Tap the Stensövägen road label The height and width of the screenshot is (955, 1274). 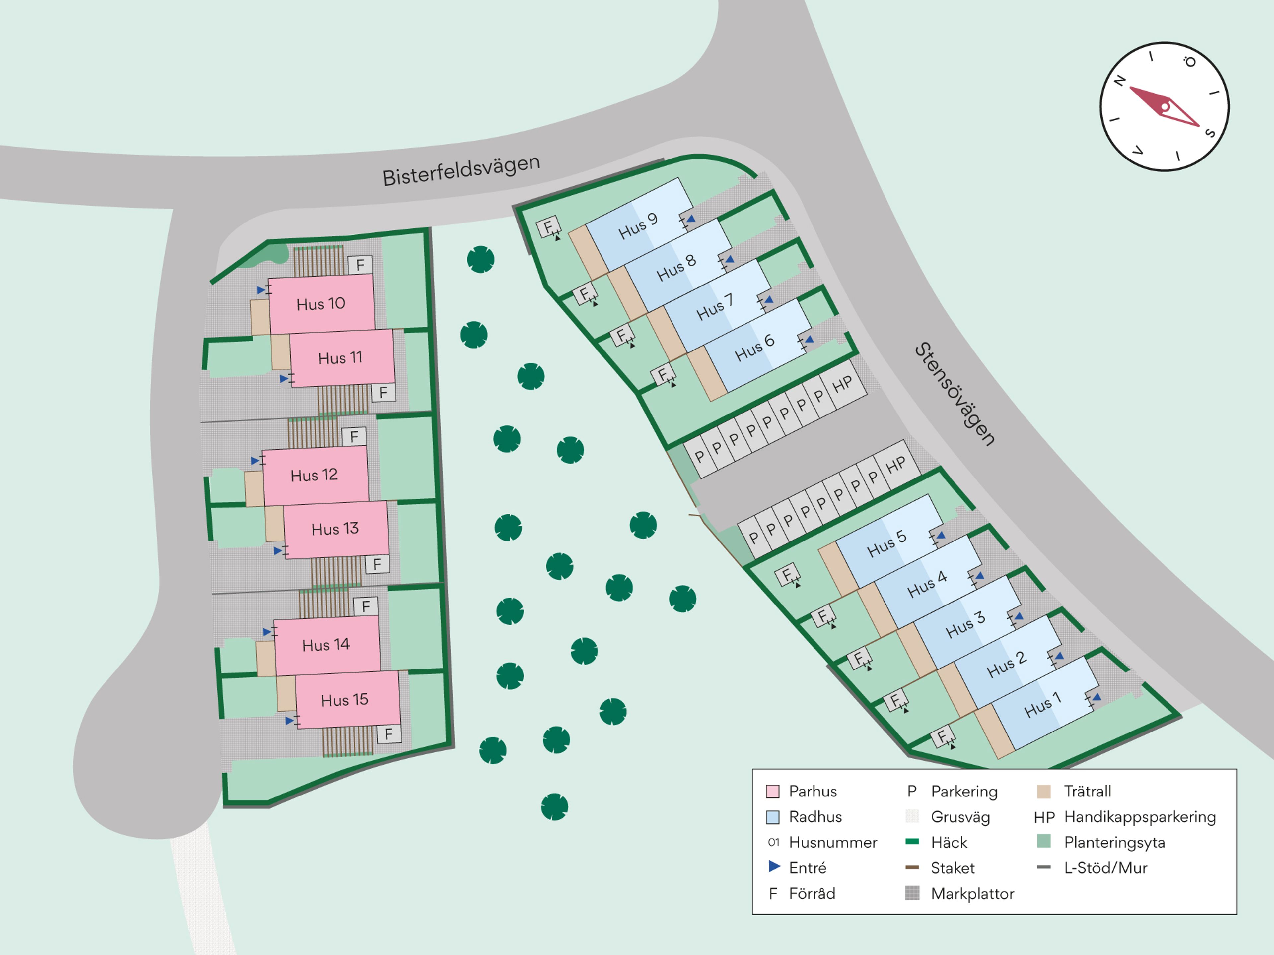point(955,394)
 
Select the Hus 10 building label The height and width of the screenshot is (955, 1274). point(321,304)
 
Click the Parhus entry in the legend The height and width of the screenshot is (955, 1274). point(813,791)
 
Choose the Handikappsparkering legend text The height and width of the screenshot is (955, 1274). point(1140,817)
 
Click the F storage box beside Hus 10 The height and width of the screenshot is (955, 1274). point(360,265)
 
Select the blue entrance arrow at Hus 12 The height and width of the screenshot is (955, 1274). point(255,461)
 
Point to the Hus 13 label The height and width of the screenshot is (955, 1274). point(335,529)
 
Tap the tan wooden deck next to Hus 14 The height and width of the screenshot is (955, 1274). point(265,659)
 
